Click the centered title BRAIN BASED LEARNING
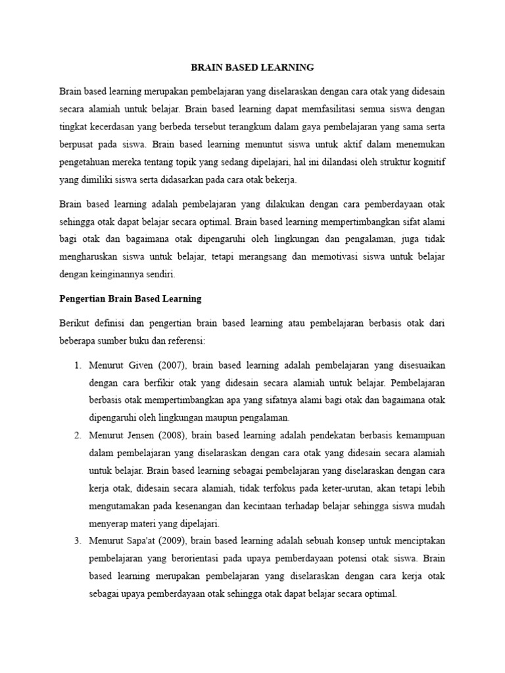point(252,67)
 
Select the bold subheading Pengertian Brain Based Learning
point(130,298)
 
